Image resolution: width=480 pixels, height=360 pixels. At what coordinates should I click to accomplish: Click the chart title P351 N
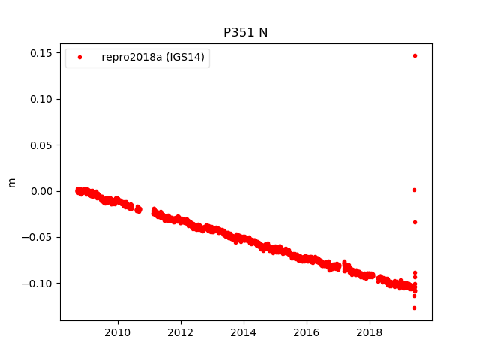click(x=245, y=33)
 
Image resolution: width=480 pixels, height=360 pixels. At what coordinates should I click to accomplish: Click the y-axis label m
click(x=11, y=182)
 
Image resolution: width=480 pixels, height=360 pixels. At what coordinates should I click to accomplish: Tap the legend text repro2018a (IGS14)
click(x=152, y=58)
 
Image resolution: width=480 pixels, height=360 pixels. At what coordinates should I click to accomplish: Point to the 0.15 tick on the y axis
click(x=42, y=53)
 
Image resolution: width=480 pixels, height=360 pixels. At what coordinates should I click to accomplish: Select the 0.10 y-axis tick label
click(x=42, y=99)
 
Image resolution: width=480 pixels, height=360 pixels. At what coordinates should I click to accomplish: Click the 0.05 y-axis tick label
click(x=42, y=145)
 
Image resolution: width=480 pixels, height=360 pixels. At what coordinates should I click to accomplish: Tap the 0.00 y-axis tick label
click(x=42, y=191)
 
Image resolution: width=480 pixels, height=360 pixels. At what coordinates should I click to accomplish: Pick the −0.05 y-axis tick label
click(x=40, y=238)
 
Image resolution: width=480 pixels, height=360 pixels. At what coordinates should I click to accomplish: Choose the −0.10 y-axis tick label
click(x=40, y=283)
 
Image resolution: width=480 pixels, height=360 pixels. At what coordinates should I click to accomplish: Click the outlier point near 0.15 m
click(x=415, y=55)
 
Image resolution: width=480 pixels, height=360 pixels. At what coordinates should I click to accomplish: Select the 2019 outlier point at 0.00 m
click(x=414, y=190)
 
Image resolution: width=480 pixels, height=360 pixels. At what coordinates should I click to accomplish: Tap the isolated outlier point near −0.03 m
click(x=415, y=222)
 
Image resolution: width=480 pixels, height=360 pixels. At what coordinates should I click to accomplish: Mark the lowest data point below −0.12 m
click(x=414, y=307)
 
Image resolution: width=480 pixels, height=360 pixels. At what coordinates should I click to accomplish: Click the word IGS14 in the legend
click(x=187, y=58)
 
